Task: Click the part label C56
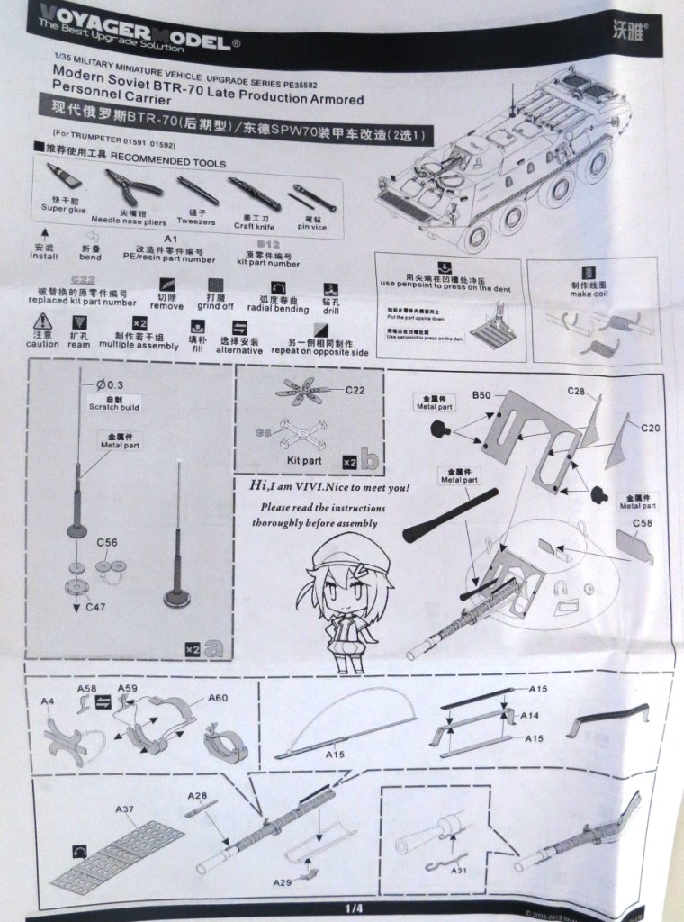[106, 543]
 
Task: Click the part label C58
[643, 523]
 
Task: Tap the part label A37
[125, 809]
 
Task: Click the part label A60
[218, 697]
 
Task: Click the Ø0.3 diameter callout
[109, 385]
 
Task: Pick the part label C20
[650, 428]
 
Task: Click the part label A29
[285, 881]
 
